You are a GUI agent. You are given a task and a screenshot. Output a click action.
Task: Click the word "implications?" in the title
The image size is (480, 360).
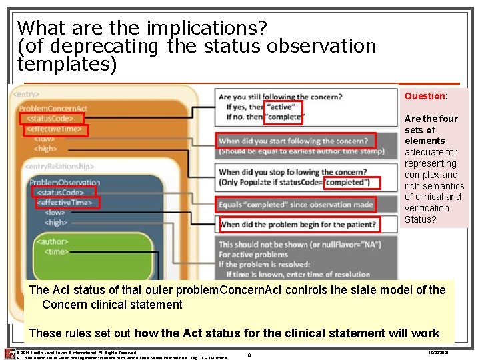[204, 29]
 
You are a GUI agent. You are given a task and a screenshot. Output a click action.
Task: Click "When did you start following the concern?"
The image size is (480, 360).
[296, 141]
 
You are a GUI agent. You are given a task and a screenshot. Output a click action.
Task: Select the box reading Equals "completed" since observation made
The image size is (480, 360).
[296, 204]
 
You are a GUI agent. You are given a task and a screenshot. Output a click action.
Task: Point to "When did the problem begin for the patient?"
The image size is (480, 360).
[299, 225]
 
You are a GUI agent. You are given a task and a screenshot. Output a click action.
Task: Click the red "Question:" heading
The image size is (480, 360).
[426, 96]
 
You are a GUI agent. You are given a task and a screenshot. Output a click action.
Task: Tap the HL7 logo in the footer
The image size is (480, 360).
[9, 354]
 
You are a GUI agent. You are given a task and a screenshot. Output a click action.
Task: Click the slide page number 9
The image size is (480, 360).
[249, 356]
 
